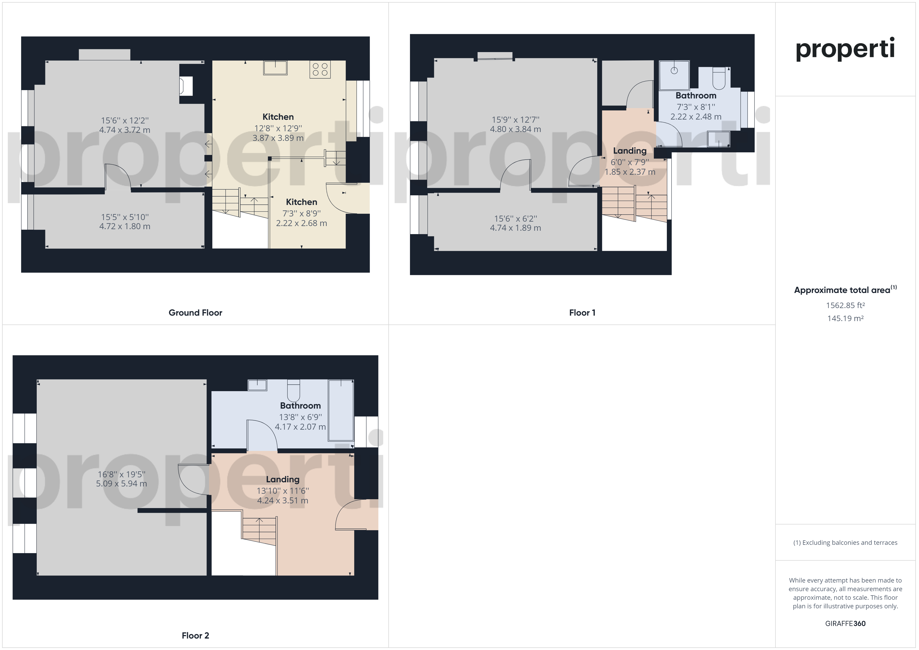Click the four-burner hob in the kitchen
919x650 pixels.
click(x=320, y=70)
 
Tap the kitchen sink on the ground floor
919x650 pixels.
click(x=275, y=68)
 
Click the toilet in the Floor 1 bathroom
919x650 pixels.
click(x=719, y=78)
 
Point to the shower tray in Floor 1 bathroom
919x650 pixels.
click(x=674, y=75)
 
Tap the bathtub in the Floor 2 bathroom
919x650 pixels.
click(x=341, y=410)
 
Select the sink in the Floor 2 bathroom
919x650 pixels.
click(x=257, y=385)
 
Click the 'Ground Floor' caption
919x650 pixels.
click(x=195, y=312)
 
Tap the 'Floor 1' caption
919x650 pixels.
click(x=582, y=312)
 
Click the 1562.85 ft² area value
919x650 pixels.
click(x=845, y=305)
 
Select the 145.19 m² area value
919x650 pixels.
click(x=845, y=318)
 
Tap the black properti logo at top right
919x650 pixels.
click(x=845, y=49)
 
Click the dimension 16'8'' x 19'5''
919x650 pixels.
click(x=121, y=474)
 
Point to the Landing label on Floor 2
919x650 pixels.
click(x=283, y=479)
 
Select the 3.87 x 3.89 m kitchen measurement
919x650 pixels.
click(x=278, y=138)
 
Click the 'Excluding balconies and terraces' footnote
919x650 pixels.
click(x=845, y=543)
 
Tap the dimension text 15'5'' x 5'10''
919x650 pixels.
click(x=125, y=217)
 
